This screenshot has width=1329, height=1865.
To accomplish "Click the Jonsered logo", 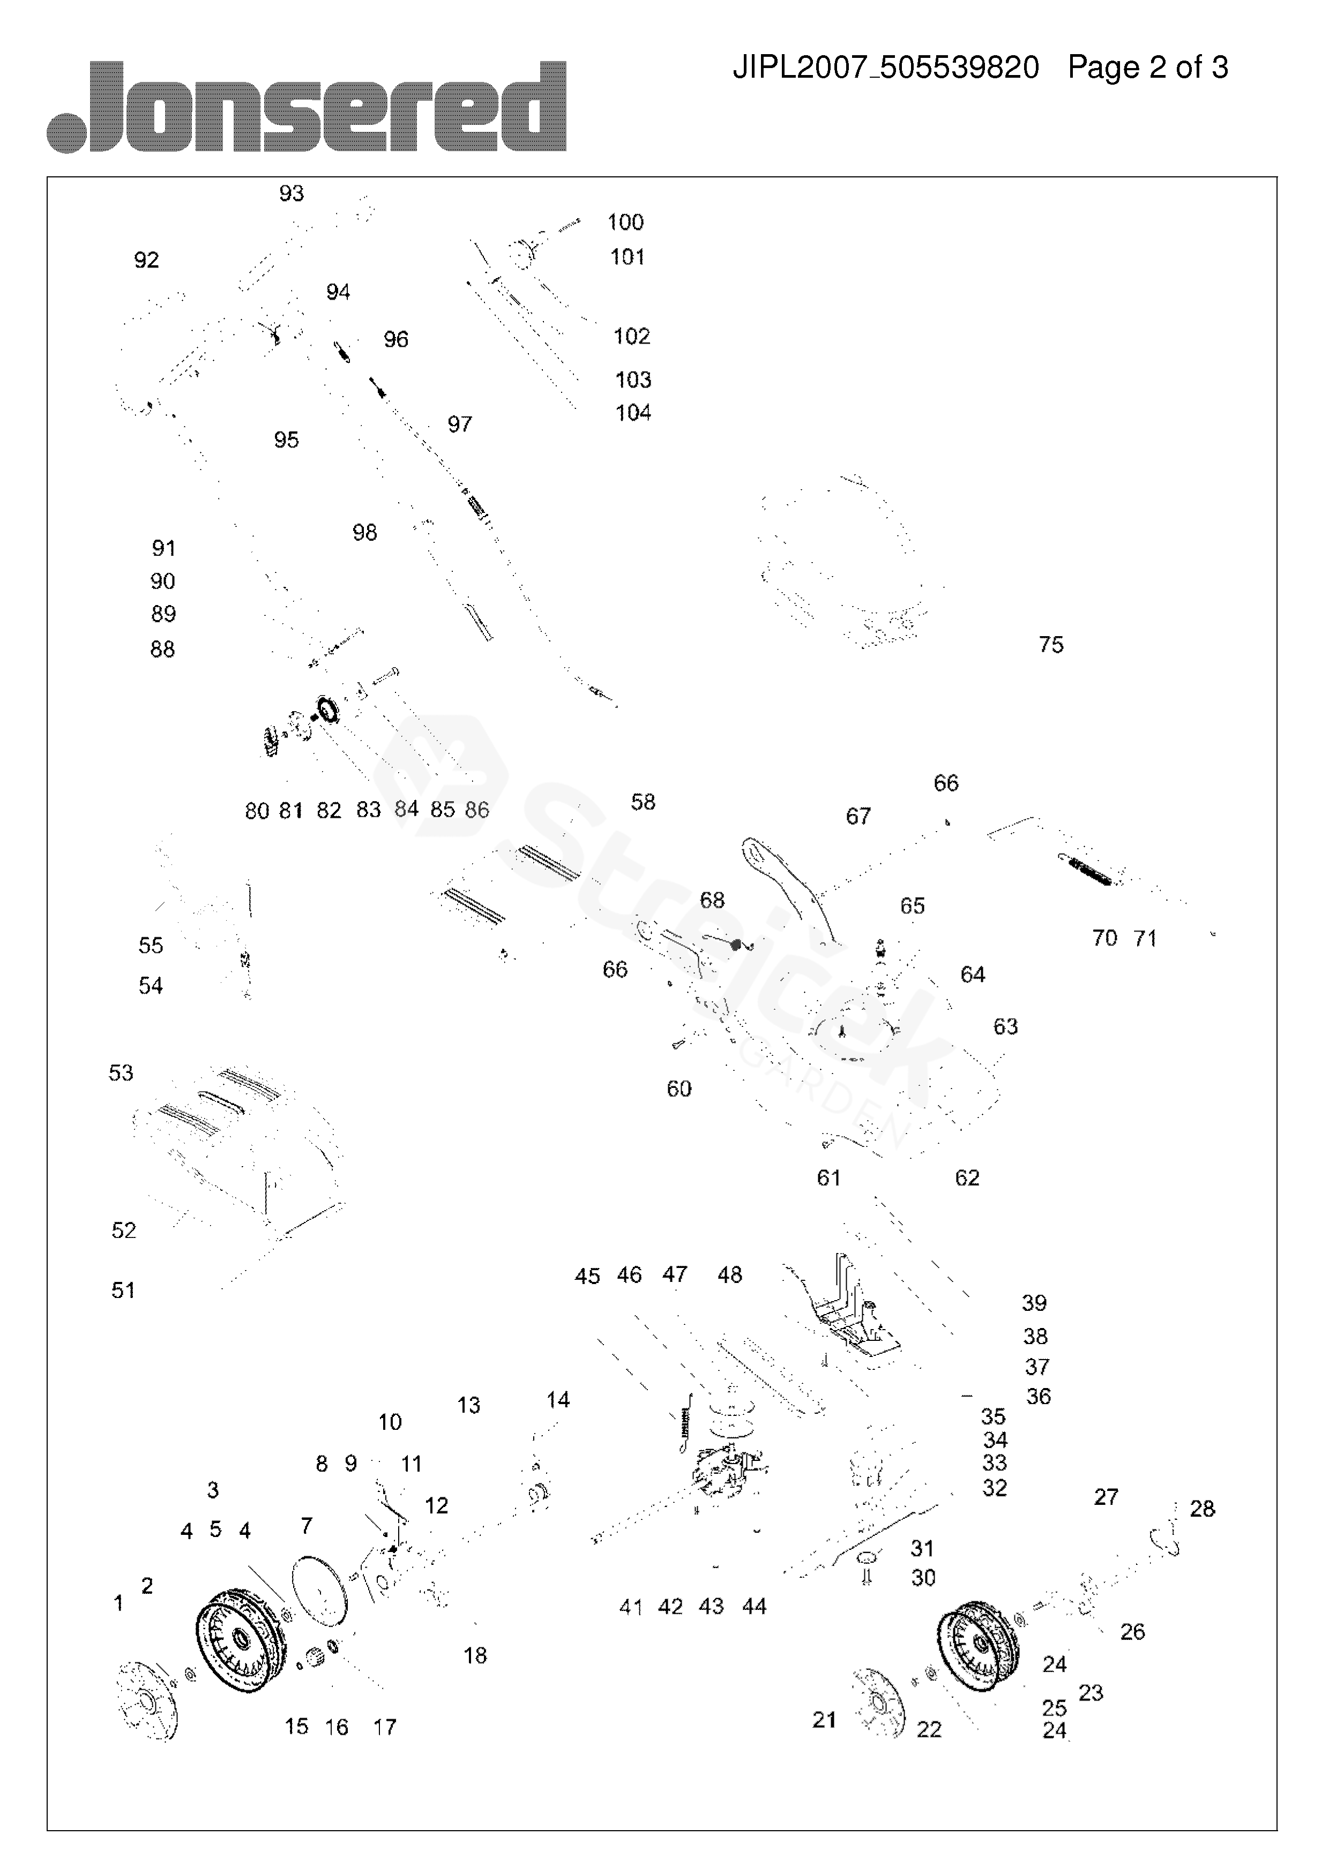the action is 307,107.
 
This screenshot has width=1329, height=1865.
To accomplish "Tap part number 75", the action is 1051,645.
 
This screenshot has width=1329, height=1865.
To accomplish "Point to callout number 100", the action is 625,222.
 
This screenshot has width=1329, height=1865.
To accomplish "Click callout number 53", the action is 121,1073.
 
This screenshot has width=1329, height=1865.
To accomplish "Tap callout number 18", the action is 475,1655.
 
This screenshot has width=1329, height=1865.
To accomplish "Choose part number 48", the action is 729,1274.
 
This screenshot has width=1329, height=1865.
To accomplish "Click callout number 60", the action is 678,1088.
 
